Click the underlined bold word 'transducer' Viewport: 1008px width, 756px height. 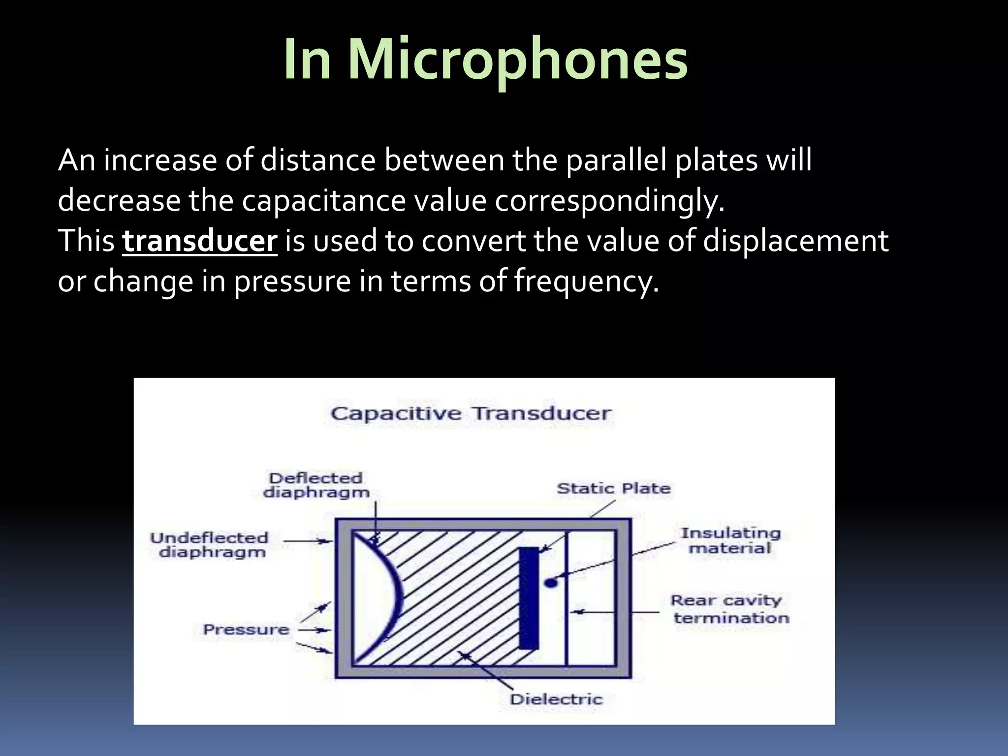(200, 241)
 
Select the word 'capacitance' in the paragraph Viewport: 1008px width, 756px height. (324, 201)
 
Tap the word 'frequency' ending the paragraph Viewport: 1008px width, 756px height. (586, 282)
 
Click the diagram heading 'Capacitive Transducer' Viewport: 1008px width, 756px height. (471, 413)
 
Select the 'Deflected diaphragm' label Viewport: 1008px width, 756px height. (316, 485)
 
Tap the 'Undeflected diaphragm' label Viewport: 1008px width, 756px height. (210, 545)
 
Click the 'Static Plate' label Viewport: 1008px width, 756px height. (613, 488)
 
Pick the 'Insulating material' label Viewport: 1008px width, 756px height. (730, 540)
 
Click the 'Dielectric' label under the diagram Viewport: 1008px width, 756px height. (556, 699)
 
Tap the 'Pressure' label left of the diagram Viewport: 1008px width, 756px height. (246, 630)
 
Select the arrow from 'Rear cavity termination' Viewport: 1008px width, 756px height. (615, 612)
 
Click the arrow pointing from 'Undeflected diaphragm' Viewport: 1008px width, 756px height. (307, 541)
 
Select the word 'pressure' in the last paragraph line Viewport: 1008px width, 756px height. (292, 282)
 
